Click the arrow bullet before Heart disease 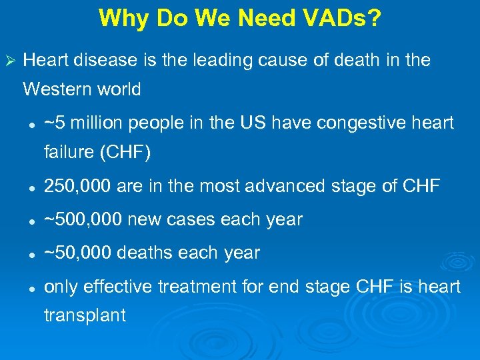(9, 61)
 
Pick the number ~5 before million (55, 123)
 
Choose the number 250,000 (77, 187)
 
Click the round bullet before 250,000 (31, 187)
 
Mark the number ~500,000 (83, 219)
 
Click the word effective (117, 286)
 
